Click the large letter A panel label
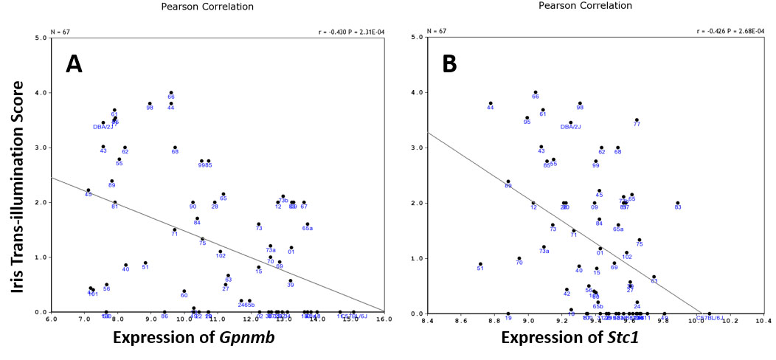74,65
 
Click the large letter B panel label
450,65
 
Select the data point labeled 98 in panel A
150,103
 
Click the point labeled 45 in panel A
88,190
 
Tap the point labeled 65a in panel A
308,224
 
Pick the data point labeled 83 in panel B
678,203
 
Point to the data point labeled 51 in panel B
480,263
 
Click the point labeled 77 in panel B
637,120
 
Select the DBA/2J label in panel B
571,127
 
